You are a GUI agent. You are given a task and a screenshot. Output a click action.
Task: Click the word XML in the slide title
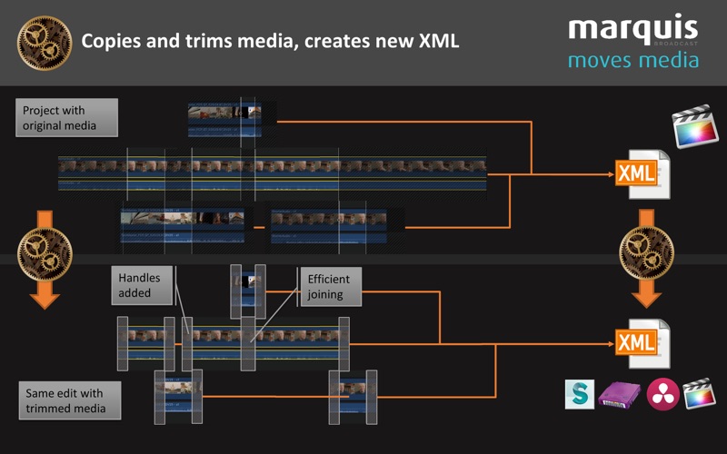point(435,41)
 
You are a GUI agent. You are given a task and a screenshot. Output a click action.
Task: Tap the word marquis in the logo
point(632,29)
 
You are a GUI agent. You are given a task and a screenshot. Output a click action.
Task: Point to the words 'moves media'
point(633,60)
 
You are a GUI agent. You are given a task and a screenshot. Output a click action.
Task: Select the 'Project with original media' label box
point(66,117)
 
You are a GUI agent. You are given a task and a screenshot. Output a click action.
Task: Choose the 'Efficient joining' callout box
point(331,286)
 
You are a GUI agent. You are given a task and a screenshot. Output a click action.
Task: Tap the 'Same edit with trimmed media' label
point(66,400)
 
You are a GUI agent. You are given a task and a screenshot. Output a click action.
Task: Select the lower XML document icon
point(642,341)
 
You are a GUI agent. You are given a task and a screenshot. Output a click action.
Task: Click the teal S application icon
point(580,393)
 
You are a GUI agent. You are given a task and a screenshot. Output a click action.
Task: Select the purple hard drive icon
point(620,394)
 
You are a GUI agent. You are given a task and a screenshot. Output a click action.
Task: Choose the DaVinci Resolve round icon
point(662,393)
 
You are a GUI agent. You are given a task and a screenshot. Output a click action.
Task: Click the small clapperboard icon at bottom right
point(699,392)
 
